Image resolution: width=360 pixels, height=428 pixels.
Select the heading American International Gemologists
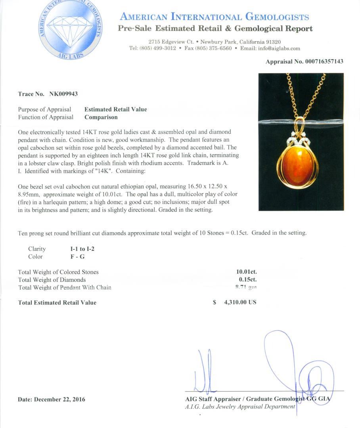click(214, 17)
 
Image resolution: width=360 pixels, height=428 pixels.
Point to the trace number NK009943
click(63, 94)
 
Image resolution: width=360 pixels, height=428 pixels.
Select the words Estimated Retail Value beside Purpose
click(115, 109)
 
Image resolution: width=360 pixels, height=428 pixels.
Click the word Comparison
click(101, 117)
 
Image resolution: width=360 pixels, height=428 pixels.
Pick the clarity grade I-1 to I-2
click(82, 249)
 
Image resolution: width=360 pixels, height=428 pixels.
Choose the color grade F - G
click(77, 257)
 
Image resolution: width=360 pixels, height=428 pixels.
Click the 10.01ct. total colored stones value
click(246, 272)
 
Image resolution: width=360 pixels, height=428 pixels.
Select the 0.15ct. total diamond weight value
click(247, 280)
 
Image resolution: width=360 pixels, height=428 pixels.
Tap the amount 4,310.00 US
click(240, 302)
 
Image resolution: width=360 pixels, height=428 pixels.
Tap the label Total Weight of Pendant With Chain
click(65, 288)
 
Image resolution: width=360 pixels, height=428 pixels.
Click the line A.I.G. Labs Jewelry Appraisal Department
click(240, 407)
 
